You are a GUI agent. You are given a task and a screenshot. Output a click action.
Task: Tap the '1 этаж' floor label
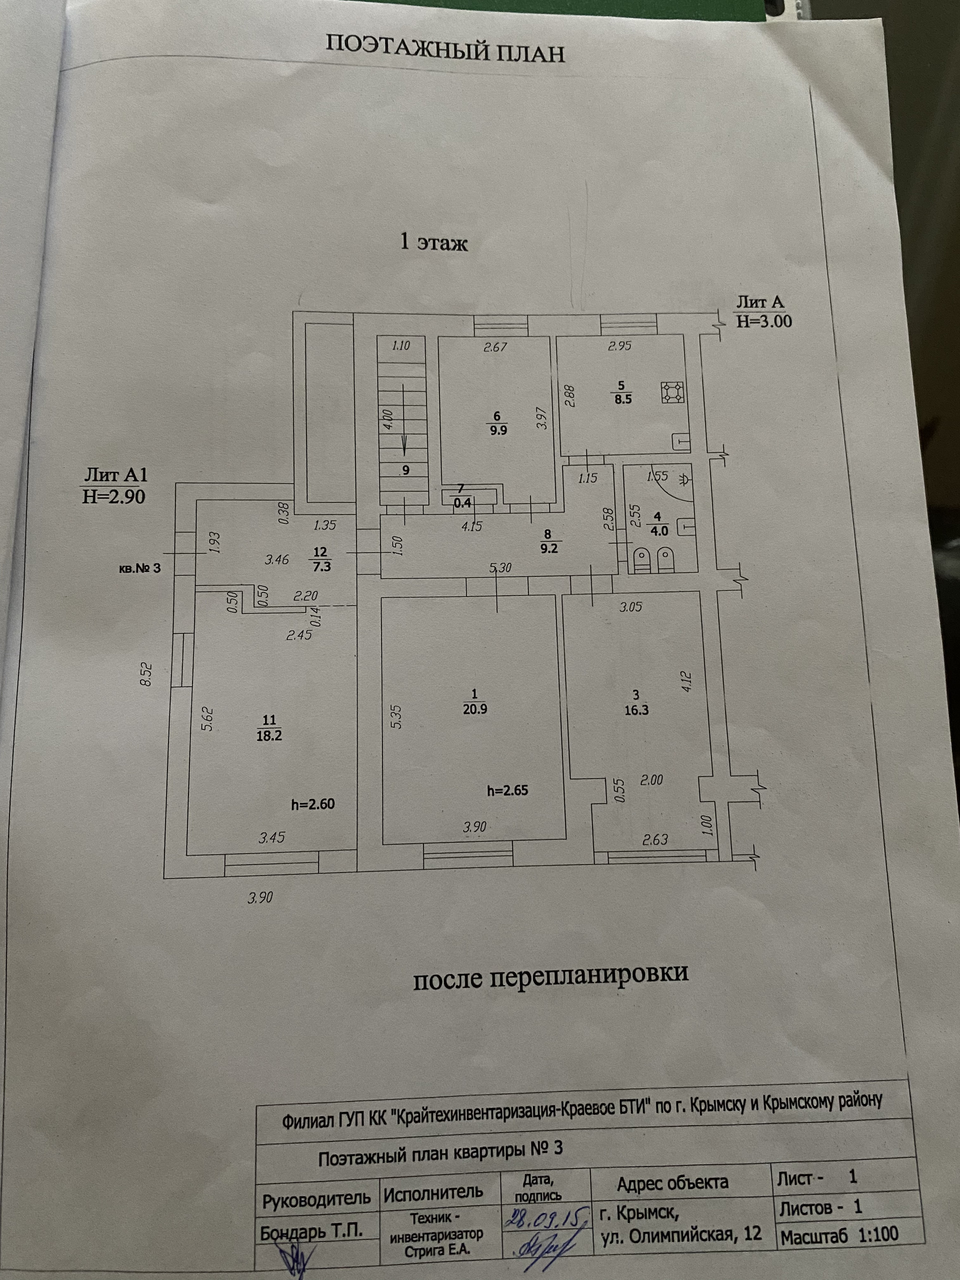click(434, 242)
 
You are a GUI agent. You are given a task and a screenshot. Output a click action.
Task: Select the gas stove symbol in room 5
click(672, 393)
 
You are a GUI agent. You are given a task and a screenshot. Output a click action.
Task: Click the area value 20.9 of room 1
click(475, 709)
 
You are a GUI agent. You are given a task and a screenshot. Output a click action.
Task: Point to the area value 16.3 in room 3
click(636, 710)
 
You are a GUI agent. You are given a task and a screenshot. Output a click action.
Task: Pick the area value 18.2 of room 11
click(269, 735)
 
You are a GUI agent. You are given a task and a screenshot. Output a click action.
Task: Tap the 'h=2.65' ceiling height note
click(507, 790)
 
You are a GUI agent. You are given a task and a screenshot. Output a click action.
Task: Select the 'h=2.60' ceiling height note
click(313, 804)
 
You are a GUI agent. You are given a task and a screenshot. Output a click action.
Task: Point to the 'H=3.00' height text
click(764, 321)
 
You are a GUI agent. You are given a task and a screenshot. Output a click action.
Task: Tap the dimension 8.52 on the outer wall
click(146, 674)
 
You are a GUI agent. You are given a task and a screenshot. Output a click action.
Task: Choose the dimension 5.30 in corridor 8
click(500, 567)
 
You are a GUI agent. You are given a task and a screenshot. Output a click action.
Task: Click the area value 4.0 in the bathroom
click(659, 530)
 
